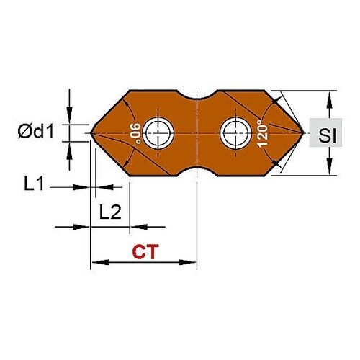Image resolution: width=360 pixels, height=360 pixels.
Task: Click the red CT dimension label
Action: click(x=145, y=252)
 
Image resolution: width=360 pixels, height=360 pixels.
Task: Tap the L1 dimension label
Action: click(x=34, y=183)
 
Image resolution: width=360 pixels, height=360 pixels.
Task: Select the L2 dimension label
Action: click(x=110, y=212)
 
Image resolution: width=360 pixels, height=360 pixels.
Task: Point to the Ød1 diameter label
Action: click(x=35, y=132)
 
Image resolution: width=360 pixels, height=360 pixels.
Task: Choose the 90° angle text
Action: click(x=135, y=133)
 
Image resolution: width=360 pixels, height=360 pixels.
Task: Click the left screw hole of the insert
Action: click(x=158, y=133)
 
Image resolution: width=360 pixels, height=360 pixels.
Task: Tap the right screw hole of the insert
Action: click(x=236, y=133)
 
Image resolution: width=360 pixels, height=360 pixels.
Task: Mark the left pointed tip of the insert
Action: click(x=91, y=133)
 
